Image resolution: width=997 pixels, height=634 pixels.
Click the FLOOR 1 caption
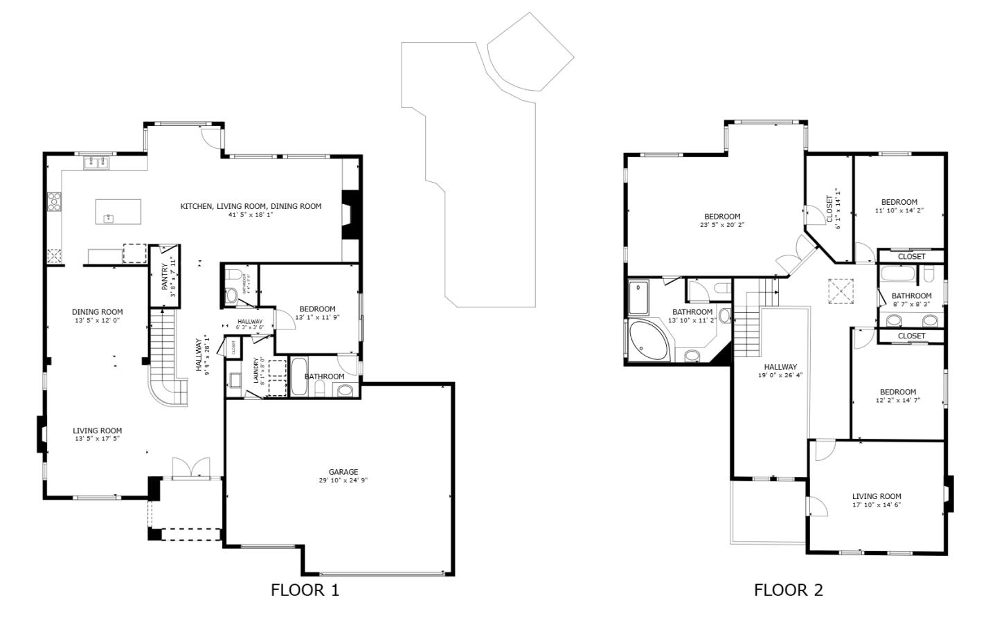pyautogui.click(x=305, y=590)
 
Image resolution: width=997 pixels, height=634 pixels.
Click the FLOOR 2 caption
pyautogui.click(x=788, y=590)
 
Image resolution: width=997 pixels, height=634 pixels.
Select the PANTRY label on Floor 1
pyautogui.click(x=165, y=278)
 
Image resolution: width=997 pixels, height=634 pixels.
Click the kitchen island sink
pyautogui.click(x=109, y=219)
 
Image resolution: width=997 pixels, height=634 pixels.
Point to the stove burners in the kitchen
pyautogui.click(x=54, y=201)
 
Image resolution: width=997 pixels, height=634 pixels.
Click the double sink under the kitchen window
pyautogui.click(x=96, y=163)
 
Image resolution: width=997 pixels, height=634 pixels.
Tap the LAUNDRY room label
pyautogui.click(x=256, y=370)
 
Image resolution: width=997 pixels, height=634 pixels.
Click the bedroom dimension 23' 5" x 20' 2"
pyautogui.click(x=722, y=225)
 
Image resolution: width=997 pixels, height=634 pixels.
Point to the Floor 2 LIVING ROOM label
pyautogui.click(x=876, y=496)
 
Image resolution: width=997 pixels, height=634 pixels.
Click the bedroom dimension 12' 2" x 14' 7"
pyautogui.click(x=897, y=400)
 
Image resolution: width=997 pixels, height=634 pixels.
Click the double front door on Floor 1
pyautogui.click(x=190, y=468)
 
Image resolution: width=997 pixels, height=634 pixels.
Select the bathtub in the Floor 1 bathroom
pyautogui.click(x=299, y=377)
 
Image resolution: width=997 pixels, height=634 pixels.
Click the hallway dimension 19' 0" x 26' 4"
pyautogui.click(x=780, y=376)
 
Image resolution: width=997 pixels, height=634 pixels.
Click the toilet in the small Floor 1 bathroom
pyautogui.click(x=231, y=296)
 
